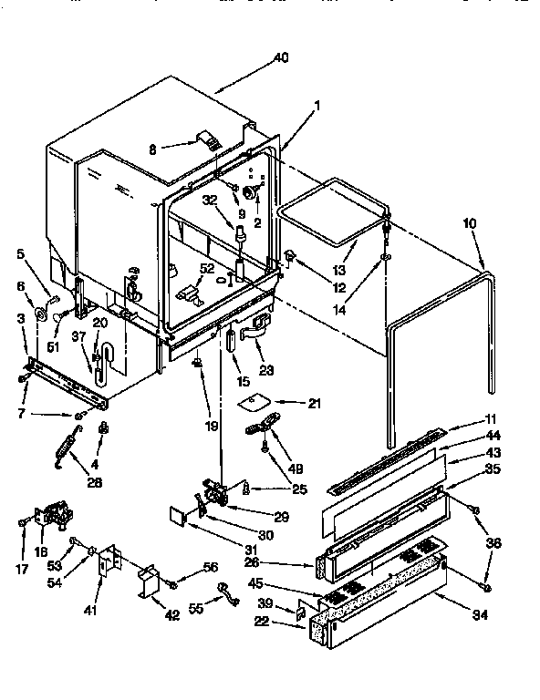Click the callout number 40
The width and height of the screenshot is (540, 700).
point(281,59)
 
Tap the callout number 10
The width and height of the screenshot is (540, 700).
point(469,222)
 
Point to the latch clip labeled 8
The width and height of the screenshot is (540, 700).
point(211,140)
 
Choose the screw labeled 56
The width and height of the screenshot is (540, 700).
point(182,575)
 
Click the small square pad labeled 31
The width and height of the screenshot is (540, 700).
point(178,516)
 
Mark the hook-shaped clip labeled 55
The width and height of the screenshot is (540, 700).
point(227,599)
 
